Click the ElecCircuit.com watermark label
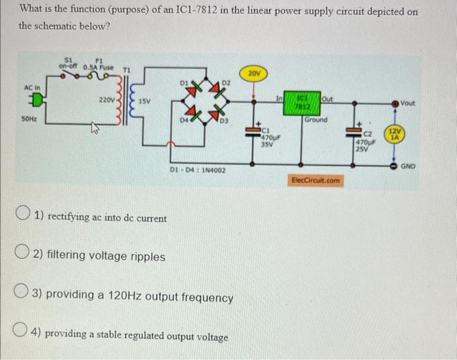[x=315, y=180]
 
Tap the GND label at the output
[x=408, y=166]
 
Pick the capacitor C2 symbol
[x=357, y=133]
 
